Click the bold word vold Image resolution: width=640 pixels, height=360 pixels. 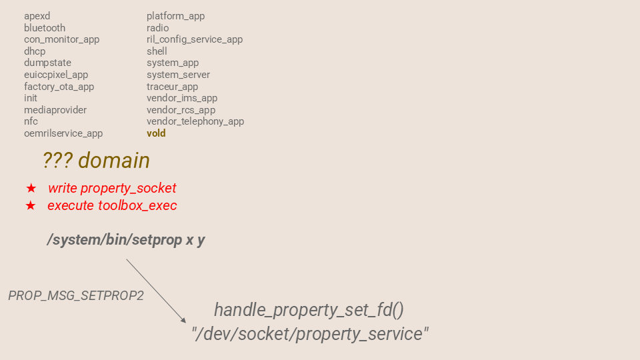[x=156, y=133]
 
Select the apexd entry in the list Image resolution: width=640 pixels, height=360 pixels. [x=37, y=16]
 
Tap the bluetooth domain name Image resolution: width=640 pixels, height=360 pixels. [x=45, y=28]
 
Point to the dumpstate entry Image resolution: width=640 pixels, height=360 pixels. [x=47, y=63]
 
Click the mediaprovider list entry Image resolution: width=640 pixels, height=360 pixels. [x=55, y=110]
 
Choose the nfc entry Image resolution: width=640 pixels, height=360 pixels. [x=31, y=121]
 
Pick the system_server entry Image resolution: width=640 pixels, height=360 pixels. [x=178, y=75]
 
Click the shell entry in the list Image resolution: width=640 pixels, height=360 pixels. [x=157, y=51]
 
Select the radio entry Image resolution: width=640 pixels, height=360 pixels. [x=157, y=28]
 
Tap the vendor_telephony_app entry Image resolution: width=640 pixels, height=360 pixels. [x=195, y=121]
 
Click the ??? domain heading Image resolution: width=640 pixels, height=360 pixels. [x=96, y=161]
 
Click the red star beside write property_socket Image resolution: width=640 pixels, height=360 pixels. [x=31, y=189]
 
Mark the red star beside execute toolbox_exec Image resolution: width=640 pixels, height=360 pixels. [x=31, y=206]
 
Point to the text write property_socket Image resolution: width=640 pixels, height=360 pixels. [x=112, y=189]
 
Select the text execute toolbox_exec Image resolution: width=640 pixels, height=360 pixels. [x=112, y=206]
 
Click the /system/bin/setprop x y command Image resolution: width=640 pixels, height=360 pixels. [x=126, y=240]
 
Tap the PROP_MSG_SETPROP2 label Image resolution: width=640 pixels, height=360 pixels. [x=76, y=295]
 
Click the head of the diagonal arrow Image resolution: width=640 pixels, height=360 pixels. [x=184, y=321]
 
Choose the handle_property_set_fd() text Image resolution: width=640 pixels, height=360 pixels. [x=309, y=310]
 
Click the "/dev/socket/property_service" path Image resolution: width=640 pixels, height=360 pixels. [x=310, y=333]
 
